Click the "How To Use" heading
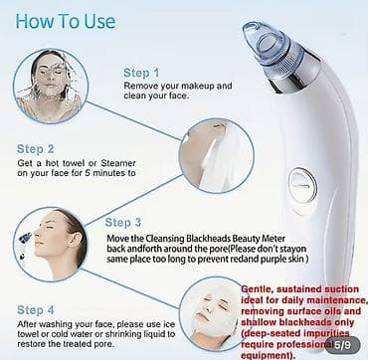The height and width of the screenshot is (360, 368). click(66, 22)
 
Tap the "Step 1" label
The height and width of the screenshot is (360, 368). click(141, 73)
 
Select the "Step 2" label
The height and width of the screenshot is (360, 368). click(35, 149)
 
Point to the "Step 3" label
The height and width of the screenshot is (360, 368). click(123, 223)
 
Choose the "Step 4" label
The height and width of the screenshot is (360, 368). click(36, 310)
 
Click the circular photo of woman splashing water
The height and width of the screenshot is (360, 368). click(51, 86)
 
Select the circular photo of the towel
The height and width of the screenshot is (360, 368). click(217, 156)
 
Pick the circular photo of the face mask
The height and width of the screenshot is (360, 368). click(212, 314)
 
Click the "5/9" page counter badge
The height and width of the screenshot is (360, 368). click(341, 345)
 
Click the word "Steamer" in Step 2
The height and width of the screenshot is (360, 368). click(118, 163)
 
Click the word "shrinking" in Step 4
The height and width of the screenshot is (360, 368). click(124, 333)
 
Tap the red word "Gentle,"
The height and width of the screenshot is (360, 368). click(257, 289)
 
